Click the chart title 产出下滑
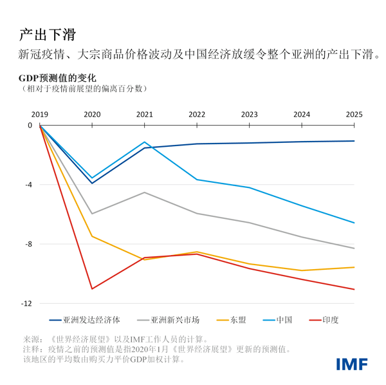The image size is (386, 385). pos(50,33)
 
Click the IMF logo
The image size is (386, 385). pos(352,364)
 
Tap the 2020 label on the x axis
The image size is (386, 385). pos(92,115)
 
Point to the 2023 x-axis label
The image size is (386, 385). pos(249,115)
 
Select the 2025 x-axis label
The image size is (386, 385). pos(354,115)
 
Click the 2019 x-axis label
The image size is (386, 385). pos(40,115)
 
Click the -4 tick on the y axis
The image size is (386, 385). pos(28,185)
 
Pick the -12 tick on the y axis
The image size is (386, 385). pos(27,303)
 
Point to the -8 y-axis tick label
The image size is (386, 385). pos(28,244)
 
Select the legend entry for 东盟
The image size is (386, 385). pos(238,320)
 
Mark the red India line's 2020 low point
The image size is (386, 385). pos(92,288)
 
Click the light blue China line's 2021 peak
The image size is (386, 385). pos(145,142)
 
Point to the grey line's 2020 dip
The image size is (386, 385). pos(92,213)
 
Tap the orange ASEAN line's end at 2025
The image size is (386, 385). pos(354,267)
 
